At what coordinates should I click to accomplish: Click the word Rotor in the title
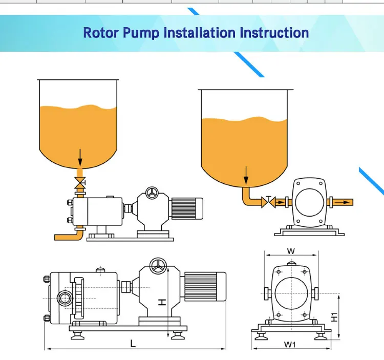[x=101, y=33]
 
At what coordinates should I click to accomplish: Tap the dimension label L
[x=133, y=343]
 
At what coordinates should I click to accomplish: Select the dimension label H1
[x=334, y=317]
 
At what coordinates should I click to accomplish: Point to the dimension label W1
[x=290, y=345]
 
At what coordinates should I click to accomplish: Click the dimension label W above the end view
[x=291, y=251]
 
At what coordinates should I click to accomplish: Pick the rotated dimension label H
[x=162, y=303]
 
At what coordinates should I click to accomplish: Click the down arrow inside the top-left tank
[x=80, y=157]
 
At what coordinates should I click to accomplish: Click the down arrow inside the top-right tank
[x=246, y=175]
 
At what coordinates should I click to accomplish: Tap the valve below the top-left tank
[x=80, y=183]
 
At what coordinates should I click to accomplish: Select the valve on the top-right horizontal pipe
[x=269, y=202]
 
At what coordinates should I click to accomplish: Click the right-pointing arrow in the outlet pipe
[x=343, y=202]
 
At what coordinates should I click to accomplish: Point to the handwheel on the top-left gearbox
[x=152, y=193]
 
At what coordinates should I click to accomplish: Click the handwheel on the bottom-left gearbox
[x=158, y=266]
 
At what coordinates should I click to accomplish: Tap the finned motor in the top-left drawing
[x=187, y=208]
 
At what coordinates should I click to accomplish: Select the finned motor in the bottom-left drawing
[x=205, y=286]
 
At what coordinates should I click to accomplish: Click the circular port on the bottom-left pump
[x=65, y=298]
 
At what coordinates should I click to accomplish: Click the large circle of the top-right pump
[x=310, y=202]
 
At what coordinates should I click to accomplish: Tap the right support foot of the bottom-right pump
[x=321, y=336]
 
